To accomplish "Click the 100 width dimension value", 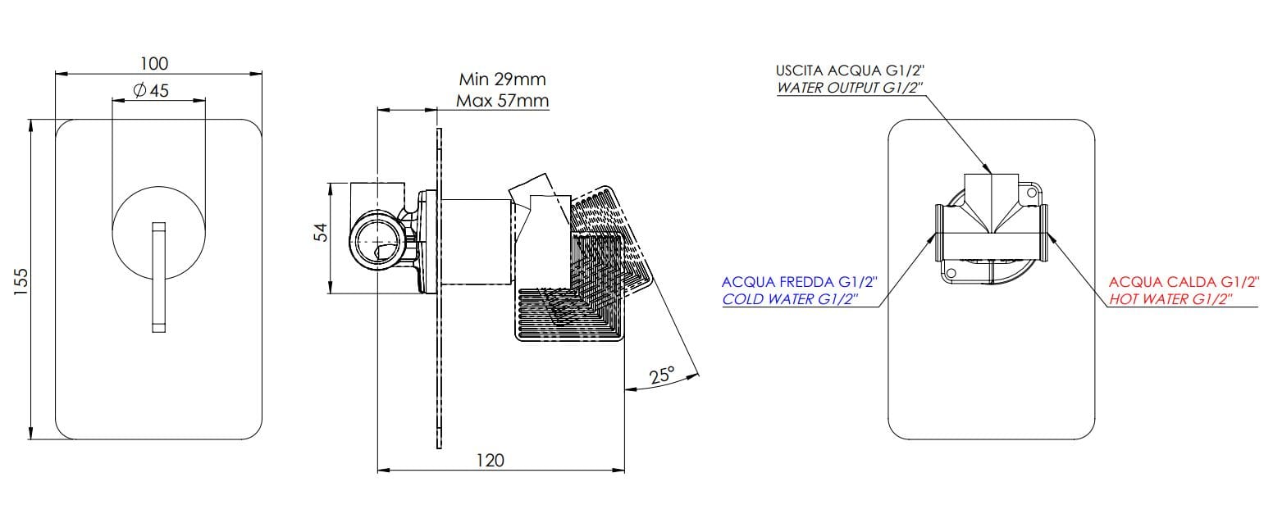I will point(154,63).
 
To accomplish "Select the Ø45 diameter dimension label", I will point(150,90).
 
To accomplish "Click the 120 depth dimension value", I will point(490,460).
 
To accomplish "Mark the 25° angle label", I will point(662,375).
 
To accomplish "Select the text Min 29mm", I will point(502,80).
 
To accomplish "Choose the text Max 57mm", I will point(502,101).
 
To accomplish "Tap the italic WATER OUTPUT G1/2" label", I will point(849,88).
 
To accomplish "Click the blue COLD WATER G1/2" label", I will point(790,299).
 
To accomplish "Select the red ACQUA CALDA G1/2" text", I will point(1183,283).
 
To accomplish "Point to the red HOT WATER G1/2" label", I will point(1170,299).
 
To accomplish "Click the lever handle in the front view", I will point(158,277).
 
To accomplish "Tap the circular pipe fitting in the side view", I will point(377,243).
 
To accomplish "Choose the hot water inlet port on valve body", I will point(1044,233).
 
